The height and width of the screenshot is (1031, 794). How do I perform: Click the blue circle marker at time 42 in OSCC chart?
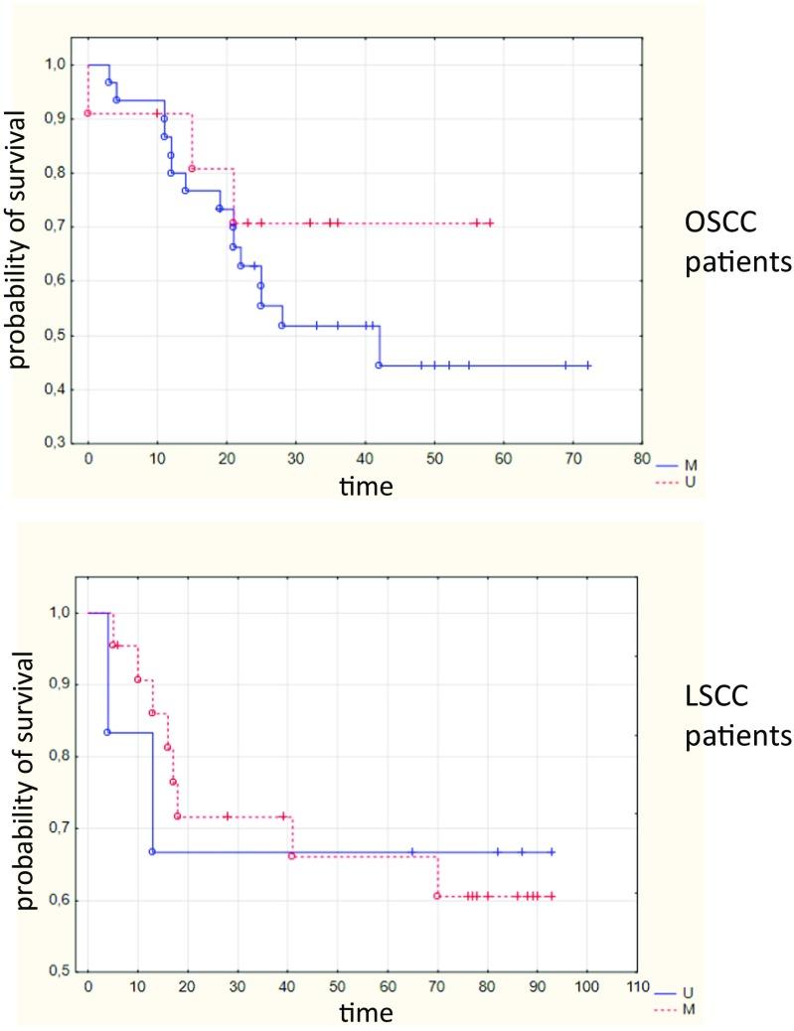tap(379, 366)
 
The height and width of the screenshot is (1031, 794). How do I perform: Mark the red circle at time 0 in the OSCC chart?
tap(88, 113)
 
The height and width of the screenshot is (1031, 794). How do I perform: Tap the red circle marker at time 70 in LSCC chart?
tap(436, 896)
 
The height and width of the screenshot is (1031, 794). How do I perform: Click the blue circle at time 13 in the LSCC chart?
tap(152, 851)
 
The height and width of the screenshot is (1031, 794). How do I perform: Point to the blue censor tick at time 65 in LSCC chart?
tap(411, 851)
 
